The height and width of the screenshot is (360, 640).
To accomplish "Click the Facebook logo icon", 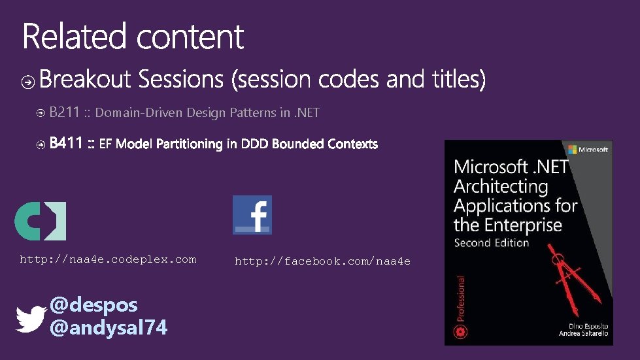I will (x=252, y=214).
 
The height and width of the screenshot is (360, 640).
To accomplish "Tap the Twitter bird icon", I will (x=31, y=319).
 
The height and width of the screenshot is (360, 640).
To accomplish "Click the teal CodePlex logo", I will (x=40, y=221).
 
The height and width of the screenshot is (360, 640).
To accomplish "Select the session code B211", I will (x=64, y=112).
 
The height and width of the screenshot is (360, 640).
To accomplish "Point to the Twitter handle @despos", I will (x=93, y=304).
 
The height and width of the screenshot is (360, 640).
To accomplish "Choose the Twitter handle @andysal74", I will (x=109, y=327).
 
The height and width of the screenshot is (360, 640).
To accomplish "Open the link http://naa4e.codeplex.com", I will (x=108, y=259).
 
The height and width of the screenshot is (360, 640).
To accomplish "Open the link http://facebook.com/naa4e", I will (x=322, y=261).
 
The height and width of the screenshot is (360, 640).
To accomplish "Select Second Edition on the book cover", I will (x=491, y=242).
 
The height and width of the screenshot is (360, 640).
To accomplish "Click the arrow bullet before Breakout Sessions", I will (x=28, y=81).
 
